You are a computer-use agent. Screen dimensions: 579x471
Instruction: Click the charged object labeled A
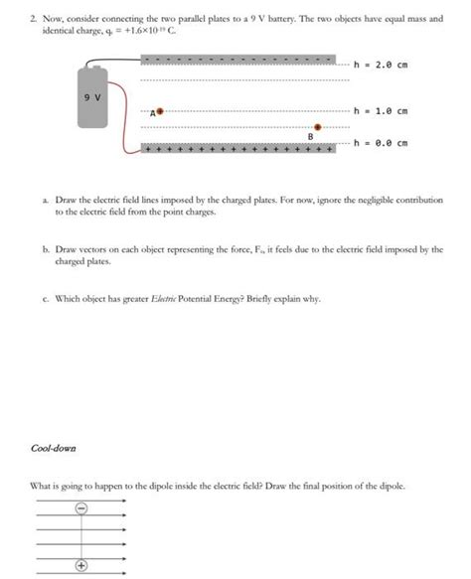[x=161, y=112]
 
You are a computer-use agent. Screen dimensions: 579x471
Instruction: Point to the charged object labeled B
[x=317, y=127]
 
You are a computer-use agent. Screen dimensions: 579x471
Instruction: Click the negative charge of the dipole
[x=81, y=509]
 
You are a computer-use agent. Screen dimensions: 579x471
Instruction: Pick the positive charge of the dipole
[x=81, y=567]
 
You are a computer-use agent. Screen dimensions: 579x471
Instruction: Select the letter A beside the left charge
[x=153, y=114]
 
